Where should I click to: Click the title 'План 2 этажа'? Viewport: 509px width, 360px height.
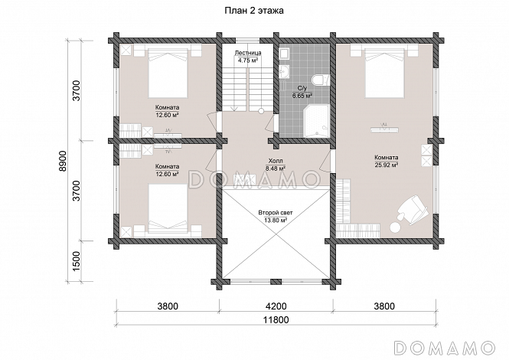(x=254, y=11)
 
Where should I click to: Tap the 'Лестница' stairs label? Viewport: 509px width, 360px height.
(x=248, y=53)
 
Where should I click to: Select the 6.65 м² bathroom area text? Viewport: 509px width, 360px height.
(x=302, y=96)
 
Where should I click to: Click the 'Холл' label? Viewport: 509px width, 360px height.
(x=276, y=161)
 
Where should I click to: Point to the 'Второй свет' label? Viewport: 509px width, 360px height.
(x=276, y=213)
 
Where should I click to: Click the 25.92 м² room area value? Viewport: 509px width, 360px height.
(x=386, y=165)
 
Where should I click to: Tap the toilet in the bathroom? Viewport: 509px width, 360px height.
(x=319, y=80)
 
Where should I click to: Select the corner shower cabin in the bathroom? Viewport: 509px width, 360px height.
(x=316, y=120)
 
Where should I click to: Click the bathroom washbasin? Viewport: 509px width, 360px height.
(x=285, y=71)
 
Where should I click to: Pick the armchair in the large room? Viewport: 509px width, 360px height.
(x=413, y=209)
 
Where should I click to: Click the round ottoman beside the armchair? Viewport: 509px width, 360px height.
(x=395, y=227)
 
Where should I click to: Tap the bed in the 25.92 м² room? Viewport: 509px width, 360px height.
(x=385, y=73)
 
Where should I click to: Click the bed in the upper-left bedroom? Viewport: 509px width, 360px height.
(x=168, y=73)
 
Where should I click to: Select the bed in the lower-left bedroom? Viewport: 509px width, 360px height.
(x=168, y=208)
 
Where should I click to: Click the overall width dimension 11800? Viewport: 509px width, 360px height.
(x=276, y=319)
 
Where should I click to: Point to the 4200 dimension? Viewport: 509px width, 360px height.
(x=276, y=306)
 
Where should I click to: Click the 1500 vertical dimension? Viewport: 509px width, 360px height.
(x=76, y=261)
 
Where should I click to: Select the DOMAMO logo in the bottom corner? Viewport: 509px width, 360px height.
(x=445, y=347)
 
